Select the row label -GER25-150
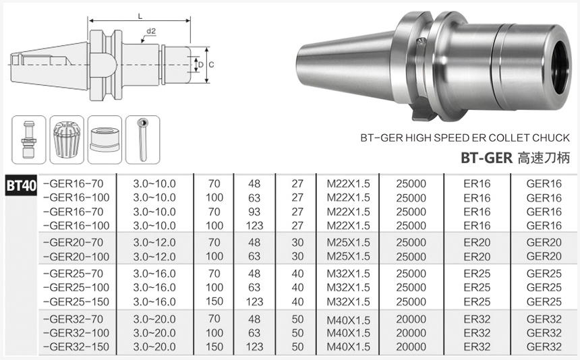76,301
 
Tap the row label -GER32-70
74,319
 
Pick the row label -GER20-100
76,256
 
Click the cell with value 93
254,212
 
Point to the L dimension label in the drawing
140,16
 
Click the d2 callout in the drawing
151,31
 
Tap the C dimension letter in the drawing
211,65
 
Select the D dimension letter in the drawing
201,65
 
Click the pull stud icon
28,140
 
